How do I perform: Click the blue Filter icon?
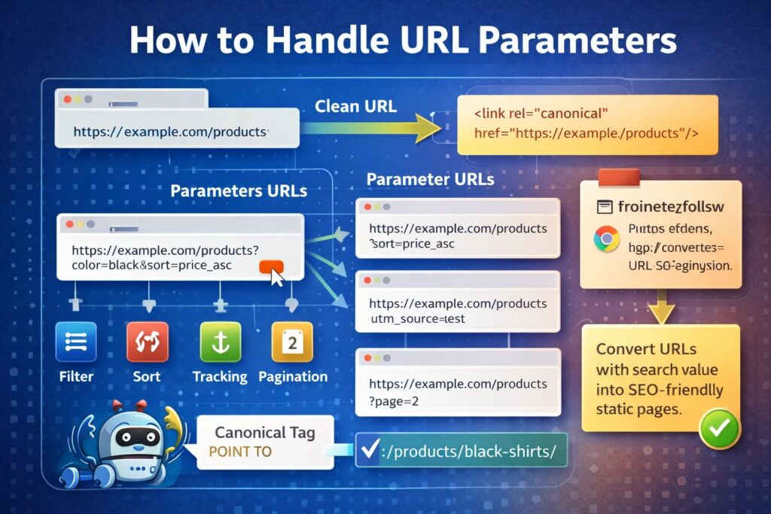point(76,342)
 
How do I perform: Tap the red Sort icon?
point(147,342)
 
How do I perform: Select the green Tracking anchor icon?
point(219,342)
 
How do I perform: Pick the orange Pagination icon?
point(291,342)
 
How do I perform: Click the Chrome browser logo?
point(606,239)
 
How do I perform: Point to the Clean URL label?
point(355,106)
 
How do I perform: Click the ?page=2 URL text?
point(394,401)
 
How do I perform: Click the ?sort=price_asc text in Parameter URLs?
point(412,245)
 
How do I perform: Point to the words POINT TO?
point(241,452)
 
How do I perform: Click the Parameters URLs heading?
point(239,190)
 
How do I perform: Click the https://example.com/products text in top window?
point(171,132)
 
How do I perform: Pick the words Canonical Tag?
point(264,432)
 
